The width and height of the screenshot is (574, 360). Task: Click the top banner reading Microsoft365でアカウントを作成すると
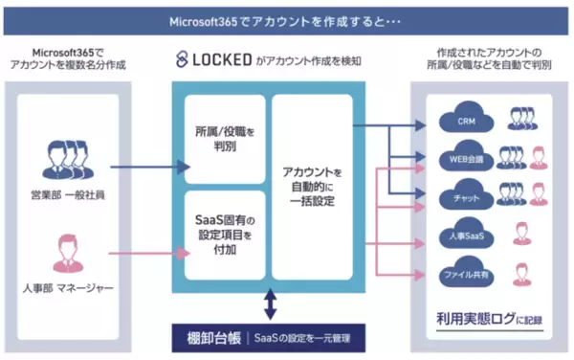pos(287,18)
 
